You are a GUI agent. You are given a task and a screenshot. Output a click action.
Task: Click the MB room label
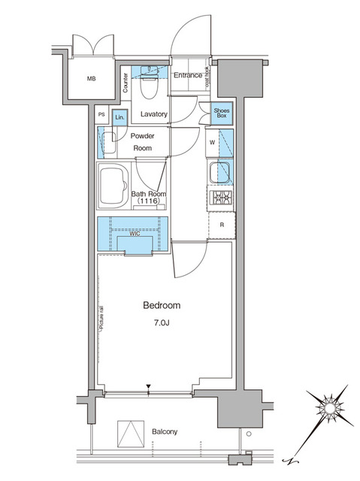pos(91,79)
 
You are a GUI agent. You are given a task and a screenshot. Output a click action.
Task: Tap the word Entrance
pos(187,76)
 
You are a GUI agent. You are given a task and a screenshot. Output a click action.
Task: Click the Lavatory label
pos(153,115)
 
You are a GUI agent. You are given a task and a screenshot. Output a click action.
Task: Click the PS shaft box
pos(102,115)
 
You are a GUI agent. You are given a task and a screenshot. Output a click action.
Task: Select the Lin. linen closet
pos(119,116)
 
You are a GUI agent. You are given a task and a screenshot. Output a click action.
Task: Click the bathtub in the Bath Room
pos(115,185)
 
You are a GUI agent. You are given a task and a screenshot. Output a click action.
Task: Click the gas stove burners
pos(222,198)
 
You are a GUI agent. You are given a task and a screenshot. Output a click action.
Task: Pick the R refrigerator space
pos(222,225)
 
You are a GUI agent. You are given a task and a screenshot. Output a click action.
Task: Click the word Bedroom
pos(162,306)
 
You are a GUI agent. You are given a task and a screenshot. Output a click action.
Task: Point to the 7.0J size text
pos(162,323)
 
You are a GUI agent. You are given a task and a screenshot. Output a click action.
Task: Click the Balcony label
pos(163,431)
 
